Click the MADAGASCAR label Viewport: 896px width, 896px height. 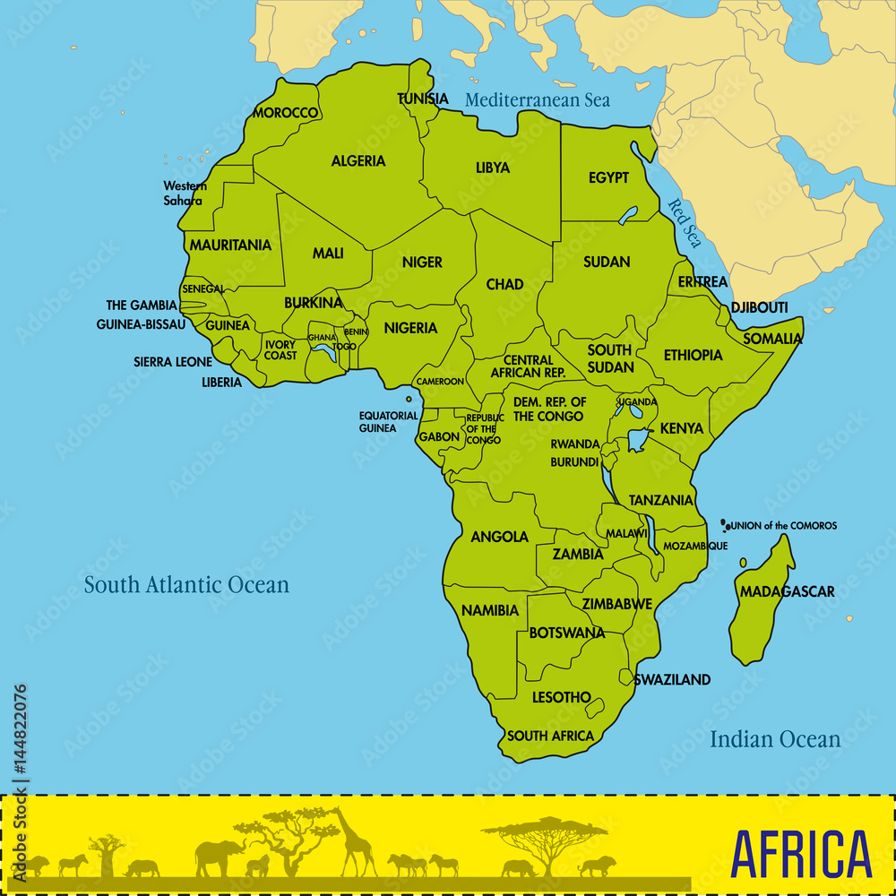787,591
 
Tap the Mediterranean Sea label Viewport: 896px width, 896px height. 537,99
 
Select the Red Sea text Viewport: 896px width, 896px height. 685,223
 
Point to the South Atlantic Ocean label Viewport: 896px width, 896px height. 186,585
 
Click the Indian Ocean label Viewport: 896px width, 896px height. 775,739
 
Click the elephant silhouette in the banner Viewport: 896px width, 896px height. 219,857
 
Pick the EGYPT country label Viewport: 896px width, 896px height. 608,177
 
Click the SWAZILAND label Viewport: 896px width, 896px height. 672,679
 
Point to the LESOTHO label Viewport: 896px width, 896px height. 561,696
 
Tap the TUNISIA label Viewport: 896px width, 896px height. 423,99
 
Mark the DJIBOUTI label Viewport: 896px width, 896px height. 759,307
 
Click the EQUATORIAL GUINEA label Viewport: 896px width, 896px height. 388,422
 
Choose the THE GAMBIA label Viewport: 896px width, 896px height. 142,306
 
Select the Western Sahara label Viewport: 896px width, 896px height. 185,193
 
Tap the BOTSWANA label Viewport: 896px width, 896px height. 566,633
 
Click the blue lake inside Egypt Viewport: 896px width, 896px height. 628,215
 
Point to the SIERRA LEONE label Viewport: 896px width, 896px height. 173,362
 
